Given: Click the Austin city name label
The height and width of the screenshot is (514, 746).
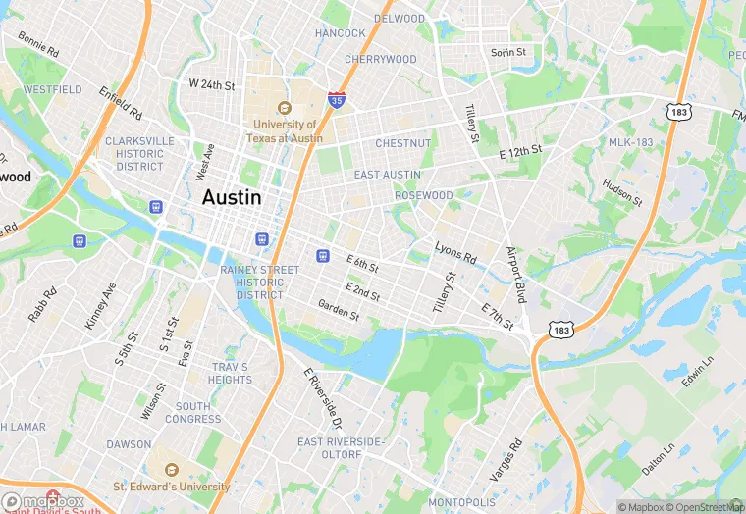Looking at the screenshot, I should [232, 197].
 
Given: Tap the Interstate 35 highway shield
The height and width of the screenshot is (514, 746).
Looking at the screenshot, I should [337, 100].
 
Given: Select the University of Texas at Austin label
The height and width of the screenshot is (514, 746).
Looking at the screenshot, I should [286, 131].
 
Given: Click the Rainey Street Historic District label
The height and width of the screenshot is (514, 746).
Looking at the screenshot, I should [259, 282].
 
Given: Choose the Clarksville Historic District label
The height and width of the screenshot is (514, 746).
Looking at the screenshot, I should [139, 153].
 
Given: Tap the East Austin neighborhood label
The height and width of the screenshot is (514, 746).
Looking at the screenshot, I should [387, 175].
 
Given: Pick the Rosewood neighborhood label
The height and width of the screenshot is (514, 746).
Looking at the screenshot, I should [423, 195].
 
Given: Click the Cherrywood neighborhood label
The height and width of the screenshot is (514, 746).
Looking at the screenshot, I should [381, 59].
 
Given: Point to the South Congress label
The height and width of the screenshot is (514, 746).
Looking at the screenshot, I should [198, 412].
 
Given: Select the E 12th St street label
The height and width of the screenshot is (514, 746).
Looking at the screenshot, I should [520, 152].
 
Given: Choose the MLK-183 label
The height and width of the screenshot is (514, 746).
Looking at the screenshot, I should [630, 142].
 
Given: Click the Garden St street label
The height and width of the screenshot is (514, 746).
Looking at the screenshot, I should [339, 310].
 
